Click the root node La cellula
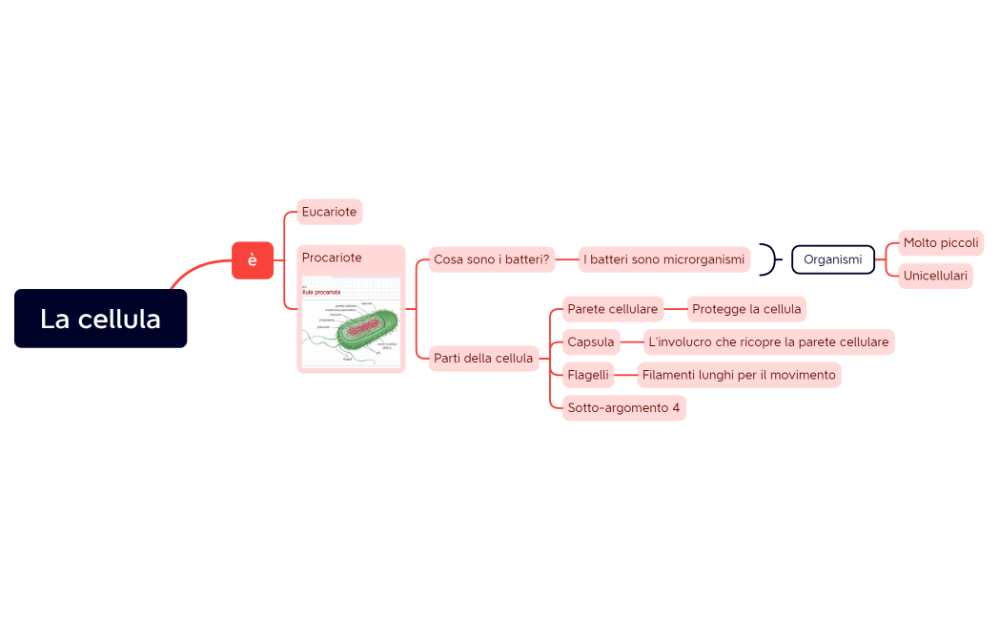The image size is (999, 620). pos(100,319)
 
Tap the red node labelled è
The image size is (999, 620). pos(253,260)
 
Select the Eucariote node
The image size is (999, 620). pos(329,212)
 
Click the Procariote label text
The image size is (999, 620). pos(332,258)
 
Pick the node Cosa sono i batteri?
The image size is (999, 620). pos(492,259)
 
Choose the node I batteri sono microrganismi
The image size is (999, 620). pos(663,259)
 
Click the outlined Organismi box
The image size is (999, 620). pos(832,259)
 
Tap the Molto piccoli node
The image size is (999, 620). pos(940,243)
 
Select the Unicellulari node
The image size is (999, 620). pos(935,277)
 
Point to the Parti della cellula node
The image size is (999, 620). pos(483,359)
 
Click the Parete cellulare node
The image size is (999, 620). pos(612,309)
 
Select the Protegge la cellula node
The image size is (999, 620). pos(746,309)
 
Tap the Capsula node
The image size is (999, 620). pos(591,341)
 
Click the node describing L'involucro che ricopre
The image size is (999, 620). pos(768,341)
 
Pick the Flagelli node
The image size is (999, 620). pos(588,375)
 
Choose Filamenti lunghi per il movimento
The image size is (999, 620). pos(739,375)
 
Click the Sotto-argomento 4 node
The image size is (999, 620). pos(623,408)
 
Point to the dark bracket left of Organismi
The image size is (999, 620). pos(769,259)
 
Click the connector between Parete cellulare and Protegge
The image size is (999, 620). pos(675,309)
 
